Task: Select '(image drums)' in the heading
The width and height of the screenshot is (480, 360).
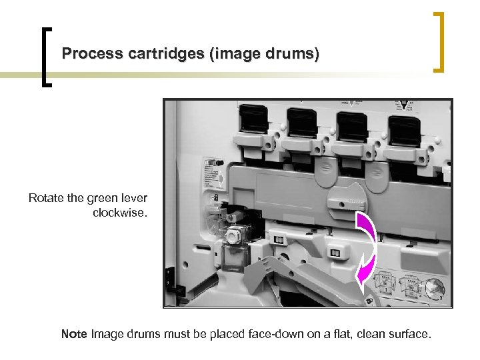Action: (264, 53)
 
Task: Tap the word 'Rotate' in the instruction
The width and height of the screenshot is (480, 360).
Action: (47, 198)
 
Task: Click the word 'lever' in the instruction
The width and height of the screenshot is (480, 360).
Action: (133, 198)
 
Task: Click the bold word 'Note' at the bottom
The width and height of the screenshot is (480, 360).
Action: (74, 333)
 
